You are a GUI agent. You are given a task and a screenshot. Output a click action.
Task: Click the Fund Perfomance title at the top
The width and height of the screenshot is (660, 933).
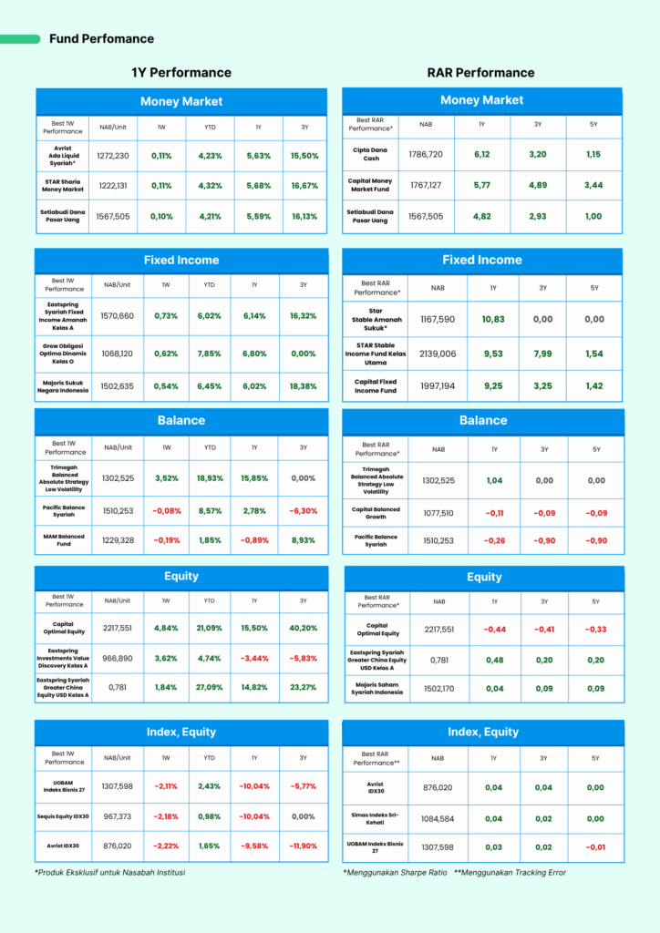point(101,39)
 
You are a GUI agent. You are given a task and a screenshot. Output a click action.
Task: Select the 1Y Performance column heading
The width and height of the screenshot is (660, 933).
point(181,73)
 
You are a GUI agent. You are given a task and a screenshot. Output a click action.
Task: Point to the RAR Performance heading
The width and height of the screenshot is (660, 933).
point(480,73)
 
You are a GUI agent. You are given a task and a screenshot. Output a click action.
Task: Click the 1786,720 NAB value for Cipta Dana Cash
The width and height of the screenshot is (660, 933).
point(426,154)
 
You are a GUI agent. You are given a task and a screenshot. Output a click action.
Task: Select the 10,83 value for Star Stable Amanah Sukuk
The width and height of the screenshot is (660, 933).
point(493,320)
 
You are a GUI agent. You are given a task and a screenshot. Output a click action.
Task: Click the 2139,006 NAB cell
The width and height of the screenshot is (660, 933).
point(438,354)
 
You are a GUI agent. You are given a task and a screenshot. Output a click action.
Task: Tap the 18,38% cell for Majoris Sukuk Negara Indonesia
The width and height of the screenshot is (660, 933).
point(304,386)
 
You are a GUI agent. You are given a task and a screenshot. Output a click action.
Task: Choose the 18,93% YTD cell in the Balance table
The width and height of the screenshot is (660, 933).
point(210,477)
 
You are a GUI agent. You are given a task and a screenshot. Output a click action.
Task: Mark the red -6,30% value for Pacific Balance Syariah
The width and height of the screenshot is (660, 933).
point(304,510)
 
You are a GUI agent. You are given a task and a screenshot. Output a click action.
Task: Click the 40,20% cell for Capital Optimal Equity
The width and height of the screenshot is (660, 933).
point(304,628)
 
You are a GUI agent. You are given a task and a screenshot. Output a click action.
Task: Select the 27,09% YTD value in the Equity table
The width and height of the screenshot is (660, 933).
point(210,687)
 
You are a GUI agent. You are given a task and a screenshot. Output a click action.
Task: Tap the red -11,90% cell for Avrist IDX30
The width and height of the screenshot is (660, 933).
point(304,846)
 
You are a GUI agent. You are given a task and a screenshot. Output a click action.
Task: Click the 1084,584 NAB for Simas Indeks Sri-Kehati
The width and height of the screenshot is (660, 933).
point(438,818)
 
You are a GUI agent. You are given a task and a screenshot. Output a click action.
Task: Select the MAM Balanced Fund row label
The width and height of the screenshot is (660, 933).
point(65,540)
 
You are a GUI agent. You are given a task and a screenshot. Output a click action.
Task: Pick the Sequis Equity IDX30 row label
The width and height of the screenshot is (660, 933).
point(65,816)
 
